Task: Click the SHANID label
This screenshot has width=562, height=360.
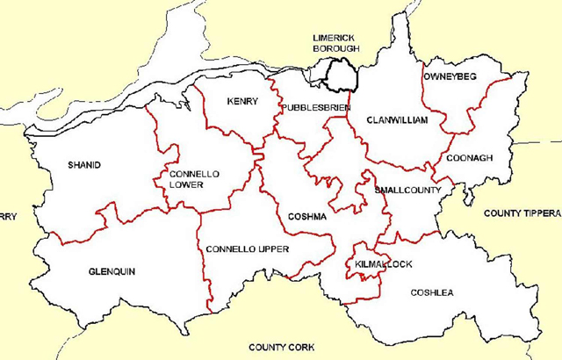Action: pos(84,165)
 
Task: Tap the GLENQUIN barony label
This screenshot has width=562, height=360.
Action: pos(112,271)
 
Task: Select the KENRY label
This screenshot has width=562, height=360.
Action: pos(242,102)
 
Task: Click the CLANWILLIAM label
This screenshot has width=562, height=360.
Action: pos(396,119)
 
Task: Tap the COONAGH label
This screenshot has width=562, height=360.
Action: pos(470,158)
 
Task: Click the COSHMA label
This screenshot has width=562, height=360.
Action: pos(307,216)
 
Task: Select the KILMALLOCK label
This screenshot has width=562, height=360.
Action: pos(378,263)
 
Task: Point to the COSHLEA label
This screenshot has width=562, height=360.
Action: pos(432,292)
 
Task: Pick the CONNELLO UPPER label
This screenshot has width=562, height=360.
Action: pos(247,249)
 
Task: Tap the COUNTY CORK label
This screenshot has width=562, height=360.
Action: pos(281,348)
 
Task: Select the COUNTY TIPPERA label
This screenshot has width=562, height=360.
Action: pos(522,213)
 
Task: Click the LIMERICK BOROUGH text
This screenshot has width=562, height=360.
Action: pos(336,43)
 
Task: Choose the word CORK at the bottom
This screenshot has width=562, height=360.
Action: pos(300,348)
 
